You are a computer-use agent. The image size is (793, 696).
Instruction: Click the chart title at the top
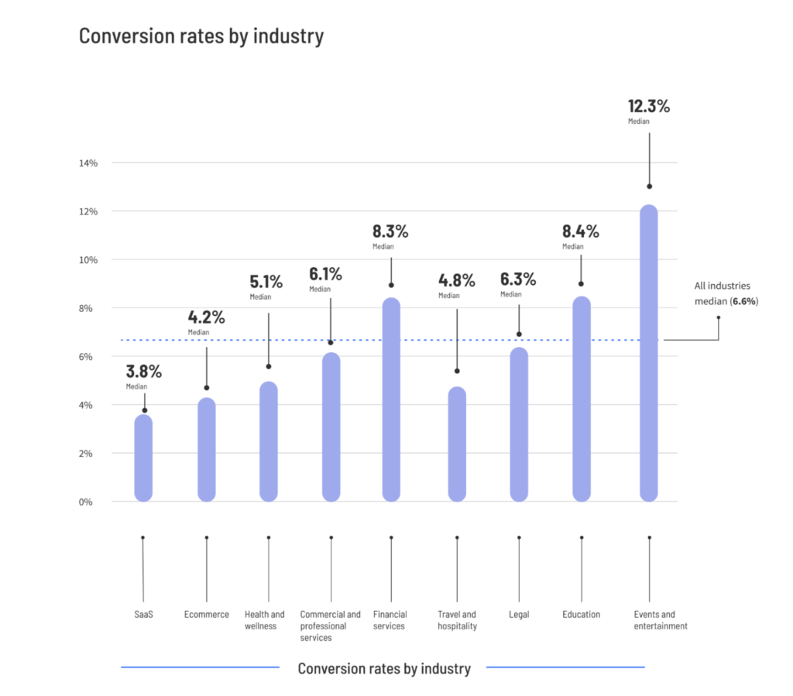pyautogui.click(x=201, y=36)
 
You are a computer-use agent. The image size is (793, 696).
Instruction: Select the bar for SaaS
pyautogui.click(x=143, y=458)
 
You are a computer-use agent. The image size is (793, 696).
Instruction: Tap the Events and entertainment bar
pyautogui.click(x=649, y=353)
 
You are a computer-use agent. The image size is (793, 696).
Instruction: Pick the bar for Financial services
pyautogui.click(x=391, y=399)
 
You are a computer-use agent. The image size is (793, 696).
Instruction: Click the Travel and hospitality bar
pyautogui.click(x=457, y=444)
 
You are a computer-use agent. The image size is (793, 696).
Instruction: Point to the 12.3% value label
pyautogui.click(x=649, y=107)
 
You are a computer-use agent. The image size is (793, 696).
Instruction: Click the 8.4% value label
pyautogui.click(x=581, y=231)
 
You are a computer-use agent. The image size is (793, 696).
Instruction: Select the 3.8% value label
pyautogui.click(x=144, y=371)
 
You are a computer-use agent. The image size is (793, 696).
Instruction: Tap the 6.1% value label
pyautogui.click(x=325, y=274)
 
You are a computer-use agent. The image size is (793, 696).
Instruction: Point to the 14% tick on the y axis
pyautogui.click(x=87, y=163)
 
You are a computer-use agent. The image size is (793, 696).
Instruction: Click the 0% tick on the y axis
pyautogui.click(x=87, y=502)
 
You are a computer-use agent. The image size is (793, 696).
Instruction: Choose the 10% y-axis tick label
pyautogui.click(x=87, y=260)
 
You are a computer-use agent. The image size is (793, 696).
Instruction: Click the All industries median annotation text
pyautogui.click(x=726, y=293)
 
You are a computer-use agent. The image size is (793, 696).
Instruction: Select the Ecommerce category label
pyautogui.click(x=207, y=615)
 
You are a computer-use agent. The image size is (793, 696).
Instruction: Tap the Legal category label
pyautogui.click(x=519, y=615)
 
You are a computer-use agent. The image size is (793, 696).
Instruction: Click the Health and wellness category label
pyautogui.click(x=265, y=620)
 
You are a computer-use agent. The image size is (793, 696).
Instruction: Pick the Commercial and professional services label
pyautogui.click(x=331, y=626)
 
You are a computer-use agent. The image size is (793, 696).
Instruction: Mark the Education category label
pyautogui.click(x=582, y=615)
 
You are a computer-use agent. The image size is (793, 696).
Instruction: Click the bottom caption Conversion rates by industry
pyautogui.click(x=384, y=669)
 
